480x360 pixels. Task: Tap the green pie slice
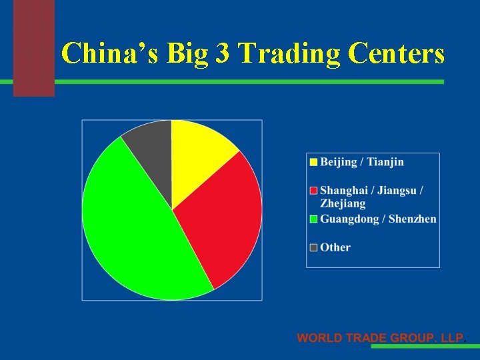(133, 227)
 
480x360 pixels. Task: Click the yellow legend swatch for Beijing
(313, 162)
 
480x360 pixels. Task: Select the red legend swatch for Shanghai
(313, 191)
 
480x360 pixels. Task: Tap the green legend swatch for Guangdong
(313, 219)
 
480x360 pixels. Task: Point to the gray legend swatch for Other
(313, 247)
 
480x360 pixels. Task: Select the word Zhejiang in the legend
(343, 203)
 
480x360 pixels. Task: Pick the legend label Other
(335, 247)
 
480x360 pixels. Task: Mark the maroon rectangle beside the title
(33, 47)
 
